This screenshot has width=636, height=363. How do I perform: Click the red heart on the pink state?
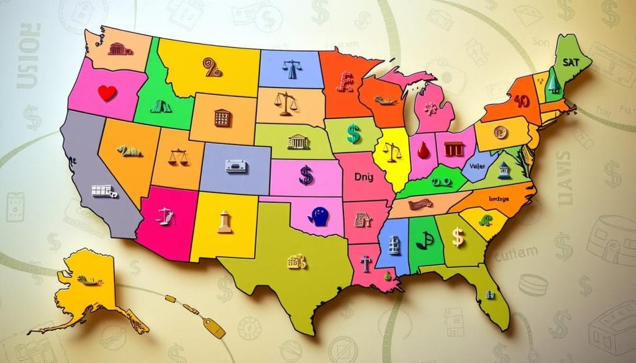107,93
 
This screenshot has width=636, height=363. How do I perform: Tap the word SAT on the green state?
570,63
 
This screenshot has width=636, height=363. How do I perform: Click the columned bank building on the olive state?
299,142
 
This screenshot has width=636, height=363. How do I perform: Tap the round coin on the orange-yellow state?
499,132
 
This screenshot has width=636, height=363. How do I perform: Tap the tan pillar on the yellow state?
224,222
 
